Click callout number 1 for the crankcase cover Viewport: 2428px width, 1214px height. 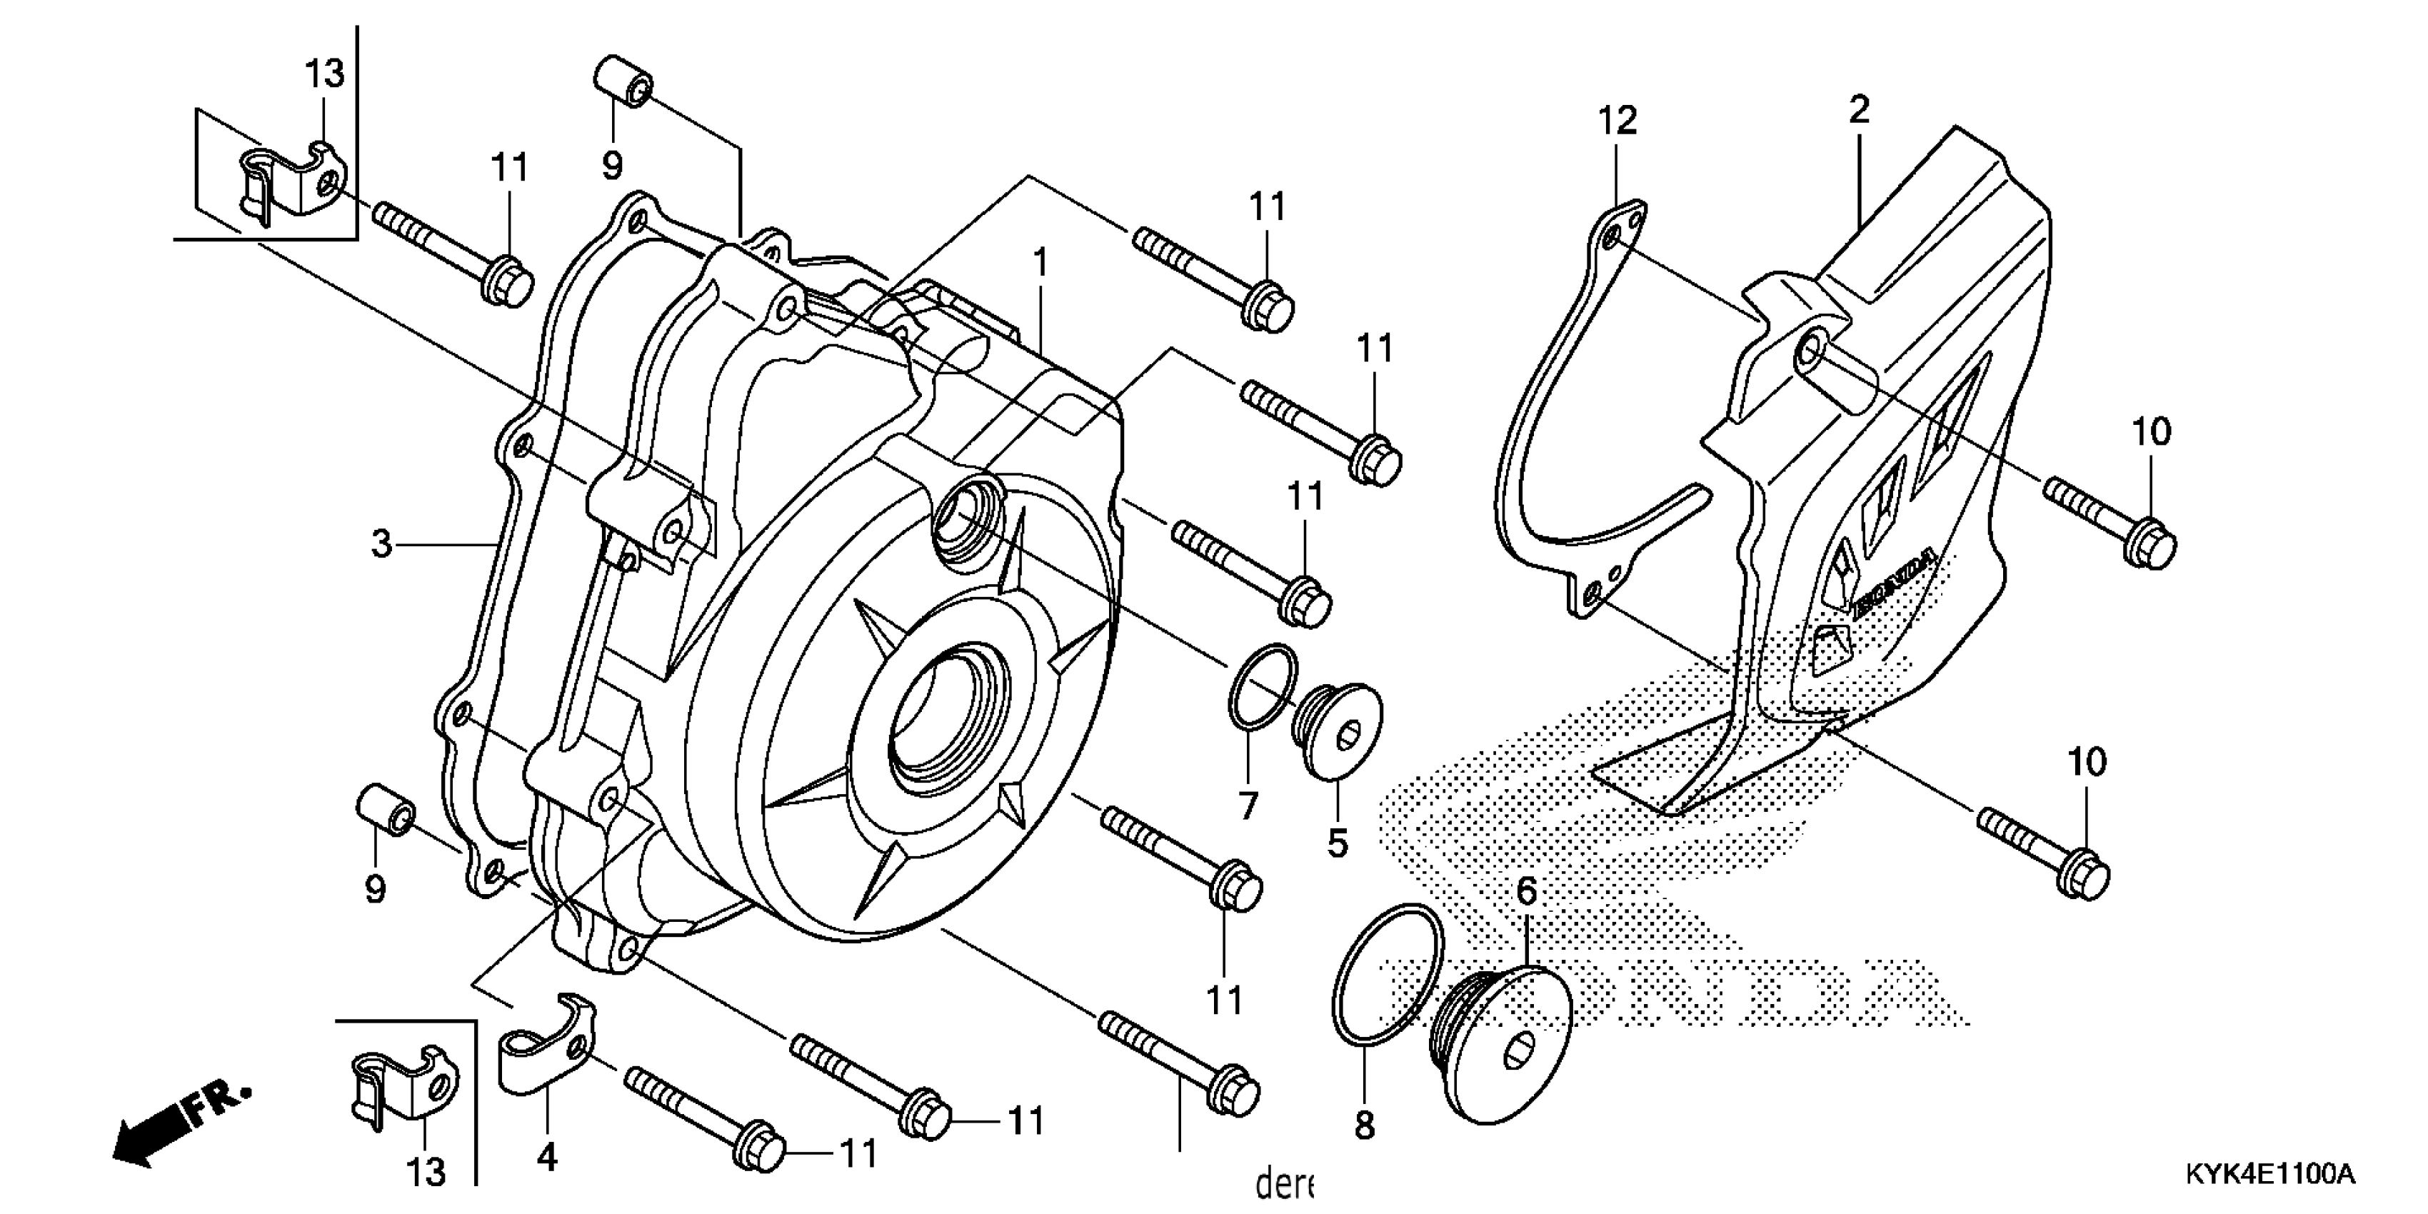(1040, 263)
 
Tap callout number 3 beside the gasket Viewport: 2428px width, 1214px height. (381, 544)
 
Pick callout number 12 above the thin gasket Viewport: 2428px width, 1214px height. (1617, 121)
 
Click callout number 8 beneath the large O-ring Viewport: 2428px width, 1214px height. (1364, 1125)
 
